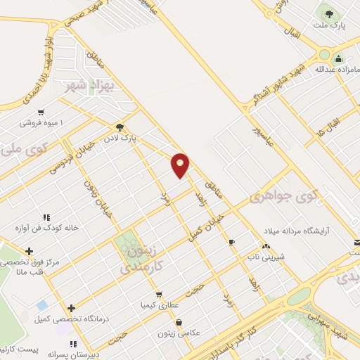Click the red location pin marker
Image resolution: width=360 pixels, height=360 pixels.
(181, 164)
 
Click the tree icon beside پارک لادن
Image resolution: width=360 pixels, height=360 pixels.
(121, 127)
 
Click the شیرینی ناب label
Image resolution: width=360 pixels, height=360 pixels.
(267, 257)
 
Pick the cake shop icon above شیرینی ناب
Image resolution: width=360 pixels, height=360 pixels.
(266, 246)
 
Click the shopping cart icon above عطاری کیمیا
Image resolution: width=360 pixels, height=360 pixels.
(160, 295)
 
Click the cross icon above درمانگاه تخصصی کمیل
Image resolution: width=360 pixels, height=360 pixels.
(71, 307)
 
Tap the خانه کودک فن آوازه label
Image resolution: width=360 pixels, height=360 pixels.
(51, 229)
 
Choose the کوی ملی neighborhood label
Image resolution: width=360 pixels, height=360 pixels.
(18, 150)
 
